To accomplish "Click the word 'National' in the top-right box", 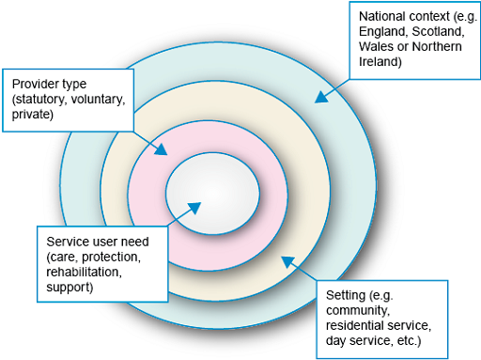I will (x=381, y=16).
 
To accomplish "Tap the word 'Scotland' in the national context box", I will (x=427, y=32).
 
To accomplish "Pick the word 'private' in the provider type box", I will (x=33, y=114).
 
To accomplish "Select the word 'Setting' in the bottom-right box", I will (x=347, y=294).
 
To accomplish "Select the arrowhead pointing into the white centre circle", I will (x=194, y=206).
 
